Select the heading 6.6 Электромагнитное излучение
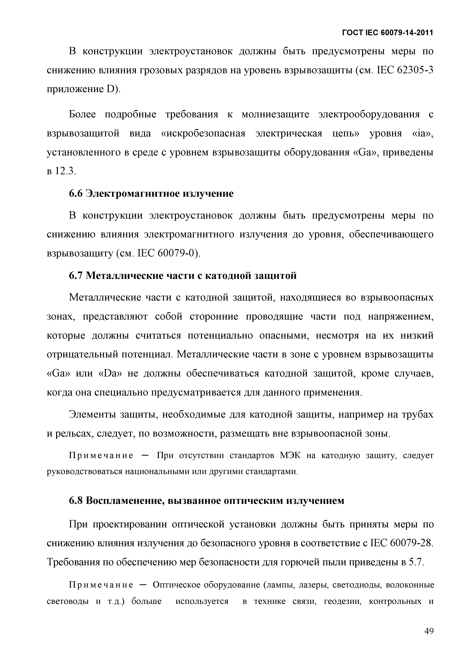[x=151, y=194]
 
